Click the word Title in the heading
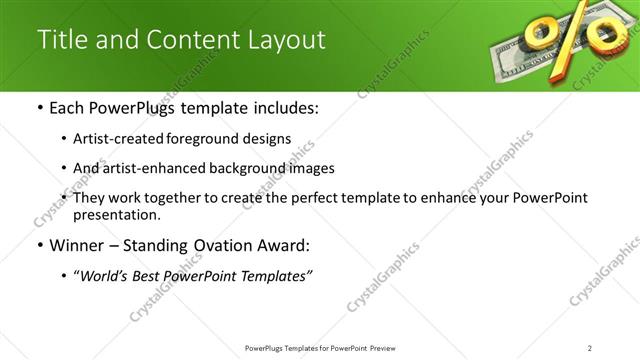click(62, 40)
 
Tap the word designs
click(269, 138)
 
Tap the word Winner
click(76, 245)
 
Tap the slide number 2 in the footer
click(590, 347)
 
